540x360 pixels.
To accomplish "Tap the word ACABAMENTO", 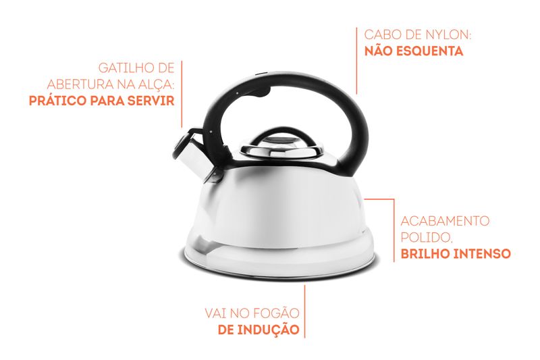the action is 445,220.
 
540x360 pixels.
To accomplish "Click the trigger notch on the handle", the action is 265,92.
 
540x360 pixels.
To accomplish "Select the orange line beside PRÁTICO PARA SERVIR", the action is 182,94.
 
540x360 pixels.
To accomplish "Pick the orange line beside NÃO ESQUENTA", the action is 356,61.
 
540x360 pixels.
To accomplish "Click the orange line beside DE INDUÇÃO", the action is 304,311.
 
